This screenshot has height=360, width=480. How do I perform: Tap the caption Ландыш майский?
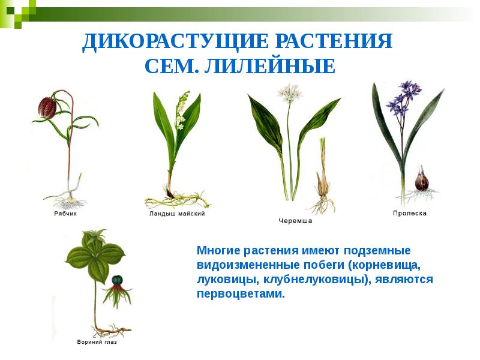click(177, 214)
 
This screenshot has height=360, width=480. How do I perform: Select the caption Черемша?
click(295, 221)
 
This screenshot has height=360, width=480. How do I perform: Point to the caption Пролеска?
click(410, 214)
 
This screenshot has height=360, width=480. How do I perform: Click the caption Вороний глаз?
click(97, 342)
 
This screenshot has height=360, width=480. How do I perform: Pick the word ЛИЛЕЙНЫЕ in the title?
click(269, 67)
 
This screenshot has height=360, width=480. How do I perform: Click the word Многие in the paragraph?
click(218, 249)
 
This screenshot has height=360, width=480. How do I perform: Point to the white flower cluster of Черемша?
click(290, 93)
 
